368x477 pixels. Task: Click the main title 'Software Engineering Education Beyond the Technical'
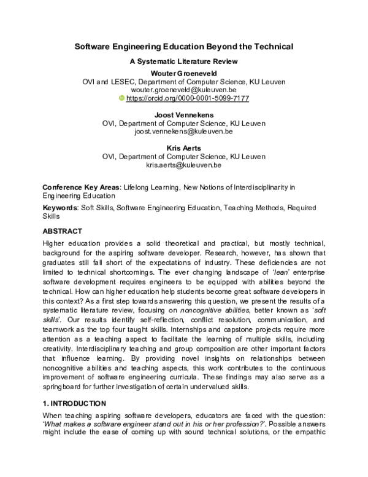[x=184, y=46]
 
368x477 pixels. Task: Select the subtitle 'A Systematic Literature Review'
[x=184, y=61]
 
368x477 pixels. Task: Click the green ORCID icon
[x=121, y=98]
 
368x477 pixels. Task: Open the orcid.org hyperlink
[x=187, y=98]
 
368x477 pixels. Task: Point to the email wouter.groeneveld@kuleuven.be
[x=184, y=90]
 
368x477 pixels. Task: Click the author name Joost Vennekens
[x=184, y=115]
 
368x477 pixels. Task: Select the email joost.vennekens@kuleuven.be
[x=184, y=132]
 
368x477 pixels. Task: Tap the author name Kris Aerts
[x=184, y=148]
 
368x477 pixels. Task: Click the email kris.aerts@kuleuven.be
[x=184, y=165]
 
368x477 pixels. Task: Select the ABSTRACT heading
[x=62, y=231]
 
